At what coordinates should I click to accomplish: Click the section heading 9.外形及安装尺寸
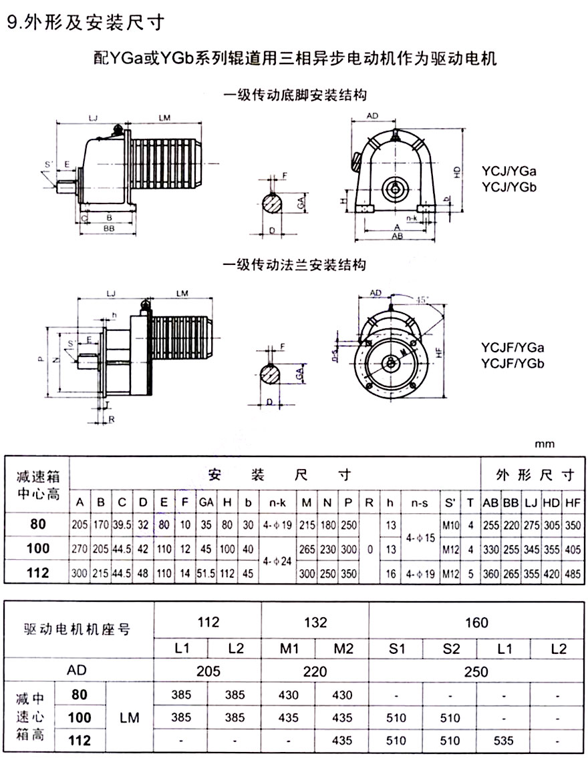tap(84, 23)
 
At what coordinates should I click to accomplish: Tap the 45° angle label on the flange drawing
tap(423, 300)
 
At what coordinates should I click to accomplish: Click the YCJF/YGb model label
tap(512, 364)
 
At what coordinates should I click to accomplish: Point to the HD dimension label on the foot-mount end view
tap(457, 171)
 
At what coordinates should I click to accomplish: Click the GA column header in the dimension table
tap(206, 502)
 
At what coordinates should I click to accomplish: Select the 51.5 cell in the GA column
tap(206, 572)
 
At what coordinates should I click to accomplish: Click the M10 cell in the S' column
tap(450, 524)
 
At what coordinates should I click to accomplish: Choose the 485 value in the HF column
tap(571, 572)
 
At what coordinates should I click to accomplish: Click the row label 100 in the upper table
tap(39, 548)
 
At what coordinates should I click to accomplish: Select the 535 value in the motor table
tap(503, 740)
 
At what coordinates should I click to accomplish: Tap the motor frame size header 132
tap(315, 623)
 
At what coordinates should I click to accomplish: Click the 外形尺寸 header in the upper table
tap(535, 475)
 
